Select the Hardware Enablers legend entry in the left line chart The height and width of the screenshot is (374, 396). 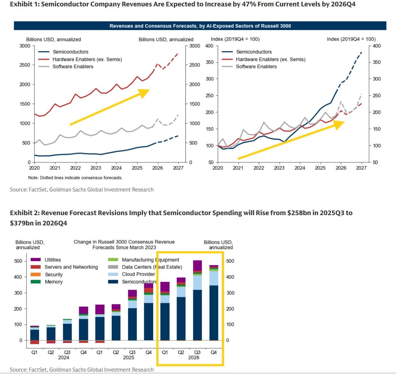coord(87,59)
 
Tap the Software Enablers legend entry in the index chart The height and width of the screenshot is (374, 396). coord(256,67)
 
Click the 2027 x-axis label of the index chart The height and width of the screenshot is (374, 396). coord(361,168)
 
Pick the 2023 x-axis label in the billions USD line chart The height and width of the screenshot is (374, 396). coord(96,168)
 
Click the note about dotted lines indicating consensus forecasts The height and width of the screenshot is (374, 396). coord(75,177)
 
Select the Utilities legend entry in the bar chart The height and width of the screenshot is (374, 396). coord(52,260)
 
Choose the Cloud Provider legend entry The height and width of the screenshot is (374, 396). coord(138,274)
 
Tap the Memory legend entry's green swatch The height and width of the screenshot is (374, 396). coord(37,282)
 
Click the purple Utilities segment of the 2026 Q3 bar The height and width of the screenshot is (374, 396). coord(197,265)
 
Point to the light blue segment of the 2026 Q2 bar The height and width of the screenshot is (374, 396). coord(181,292)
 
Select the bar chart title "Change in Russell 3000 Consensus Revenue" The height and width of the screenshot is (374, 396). coord(124,242)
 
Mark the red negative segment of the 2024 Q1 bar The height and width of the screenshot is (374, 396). coord(34,342)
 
